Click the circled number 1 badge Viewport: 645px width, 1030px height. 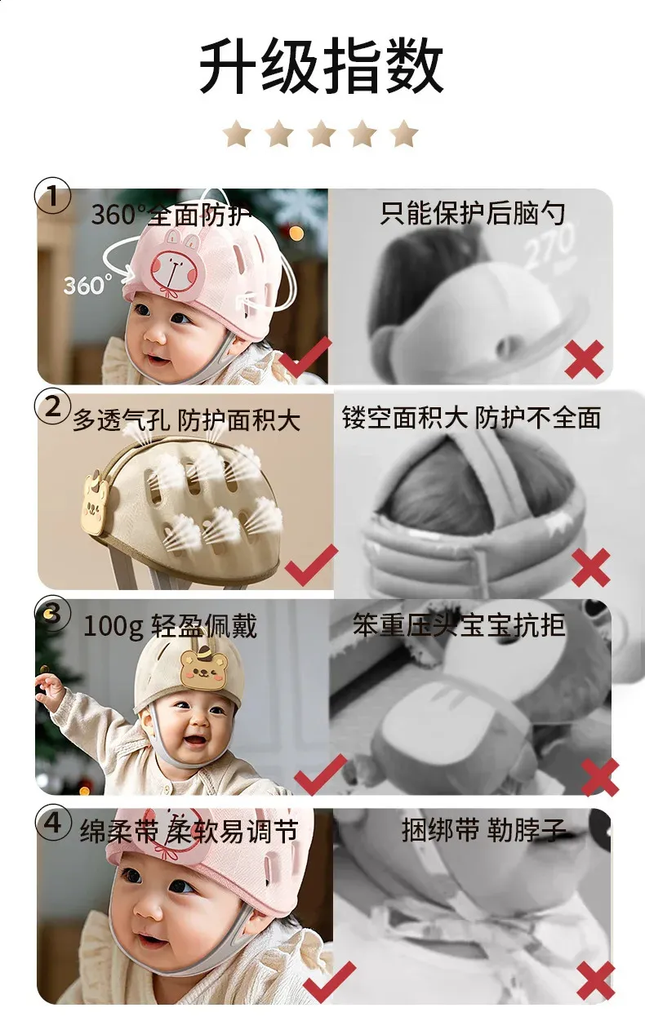point(53,197)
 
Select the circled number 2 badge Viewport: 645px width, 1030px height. point(53,407)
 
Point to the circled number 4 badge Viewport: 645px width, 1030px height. point(53,823)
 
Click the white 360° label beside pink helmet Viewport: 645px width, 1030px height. point(88,285)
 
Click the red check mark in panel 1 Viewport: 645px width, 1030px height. point(305,357)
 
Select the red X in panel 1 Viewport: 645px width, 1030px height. point(585,359)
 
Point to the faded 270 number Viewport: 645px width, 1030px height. point(549,245)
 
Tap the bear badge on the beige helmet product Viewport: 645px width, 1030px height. point(96,502)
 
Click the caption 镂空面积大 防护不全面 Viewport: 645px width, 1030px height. point(472,418)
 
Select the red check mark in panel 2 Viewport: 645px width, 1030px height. point(311,565)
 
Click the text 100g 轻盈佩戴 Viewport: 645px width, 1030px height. point(170,626)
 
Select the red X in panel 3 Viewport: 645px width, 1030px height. point(600,777)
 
